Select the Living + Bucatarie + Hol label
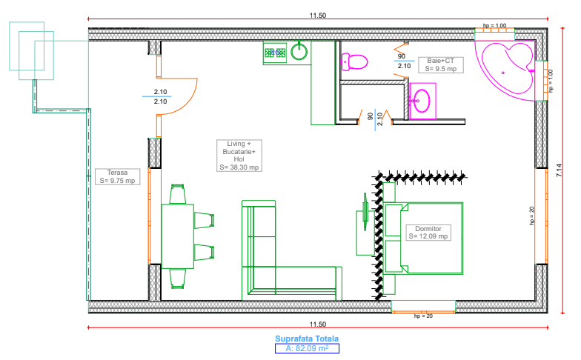239,155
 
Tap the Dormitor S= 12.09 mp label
428,232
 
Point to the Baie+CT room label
439,64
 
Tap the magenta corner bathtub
507,69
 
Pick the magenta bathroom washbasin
423,99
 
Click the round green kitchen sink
299,52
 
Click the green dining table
177,236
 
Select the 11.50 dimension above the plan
318,15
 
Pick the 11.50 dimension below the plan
318,324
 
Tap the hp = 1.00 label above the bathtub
494,26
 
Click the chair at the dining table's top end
177,195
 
